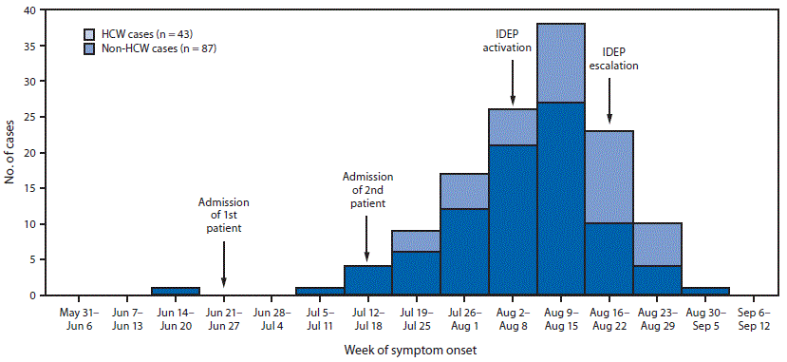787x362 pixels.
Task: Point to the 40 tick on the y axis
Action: [41, 10]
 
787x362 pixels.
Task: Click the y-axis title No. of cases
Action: [11, 152]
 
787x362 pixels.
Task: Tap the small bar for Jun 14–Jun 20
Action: [175, 291]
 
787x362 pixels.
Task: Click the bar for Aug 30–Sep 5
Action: [705, 291]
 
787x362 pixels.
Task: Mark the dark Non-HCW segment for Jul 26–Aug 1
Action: [464, 252]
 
